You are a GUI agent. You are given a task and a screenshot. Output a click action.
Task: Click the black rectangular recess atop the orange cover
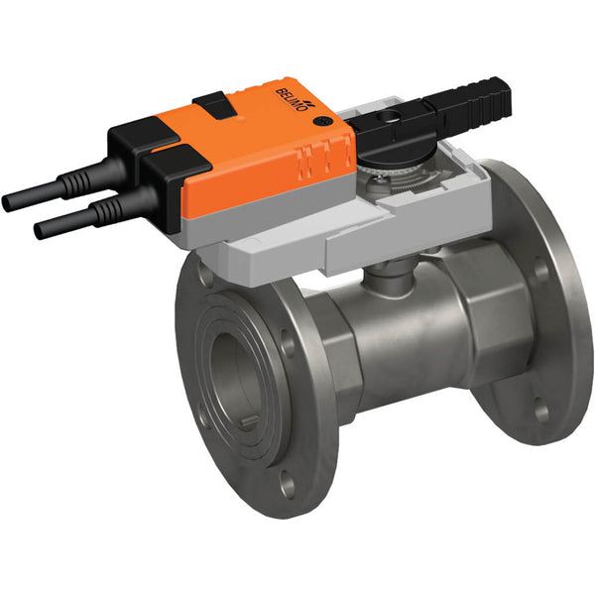[x=211, y=101]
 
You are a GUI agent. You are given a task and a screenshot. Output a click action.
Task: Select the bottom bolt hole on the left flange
[x=287, y=485]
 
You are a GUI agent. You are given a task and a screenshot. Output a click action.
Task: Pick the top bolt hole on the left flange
[x=205, y=276]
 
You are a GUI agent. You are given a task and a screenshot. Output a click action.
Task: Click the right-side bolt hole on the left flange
[x=288, y=347]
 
